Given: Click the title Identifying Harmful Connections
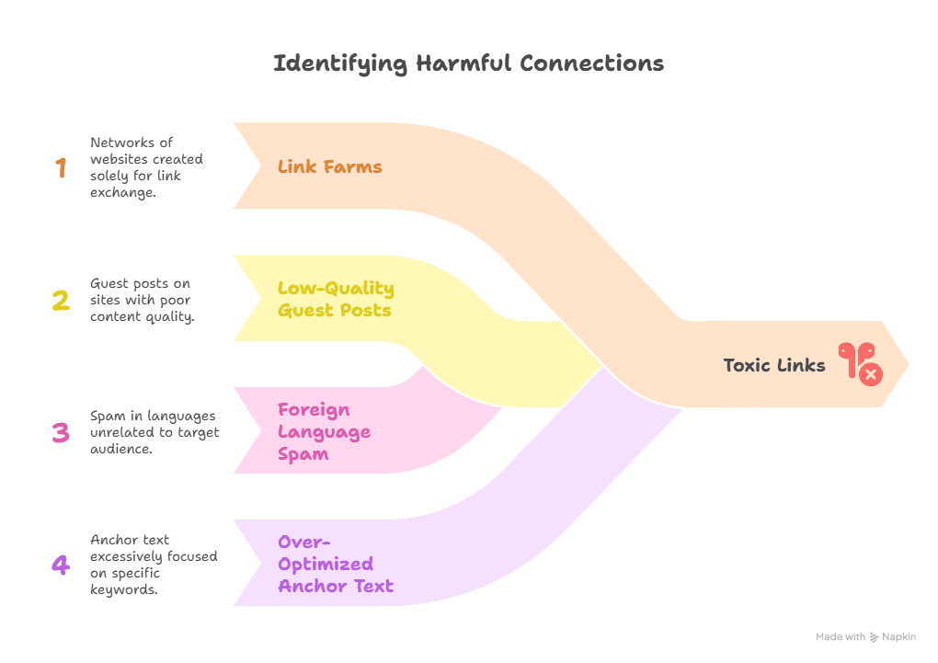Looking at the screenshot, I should (x=468, y=63).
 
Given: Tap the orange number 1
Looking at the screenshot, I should (x=61, y=167).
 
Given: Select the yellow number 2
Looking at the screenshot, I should (x=61, y=300).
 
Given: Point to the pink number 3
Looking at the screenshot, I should (x=61, y=432).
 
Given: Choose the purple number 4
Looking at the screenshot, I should (x=61, y=565).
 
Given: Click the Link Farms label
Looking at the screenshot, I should (x=329, y=166).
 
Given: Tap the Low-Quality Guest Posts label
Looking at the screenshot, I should (x=336, y=299).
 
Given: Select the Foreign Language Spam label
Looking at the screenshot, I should (x=324, y=431).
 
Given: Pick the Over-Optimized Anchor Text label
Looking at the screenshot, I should (x=335, y=564).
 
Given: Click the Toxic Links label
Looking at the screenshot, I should (x=774, y=365).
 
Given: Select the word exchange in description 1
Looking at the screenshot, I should (x=122, y=192).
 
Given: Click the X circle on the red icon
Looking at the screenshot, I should (x=870, y=372).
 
